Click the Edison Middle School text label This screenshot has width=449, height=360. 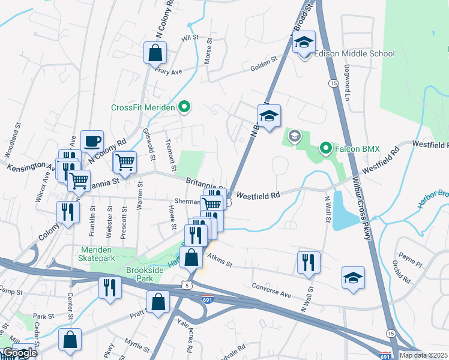[354, 53]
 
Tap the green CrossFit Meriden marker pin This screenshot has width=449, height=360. [185, 108]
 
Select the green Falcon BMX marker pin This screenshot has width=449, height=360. [325, 147]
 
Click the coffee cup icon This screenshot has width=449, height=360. [92, 142]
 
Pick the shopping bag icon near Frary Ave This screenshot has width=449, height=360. [155, 53]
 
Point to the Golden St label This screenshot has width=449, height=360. [264, 61]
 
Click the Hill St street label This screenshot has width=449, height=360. [190, 37]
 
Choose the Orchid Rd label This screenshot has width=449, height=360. [402, 271]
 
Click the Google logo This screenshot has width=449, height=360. [19, 353]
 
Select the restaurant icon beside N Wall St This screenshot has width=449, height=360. [309, 262]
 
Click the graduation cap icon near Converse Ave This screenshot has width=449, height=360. [353, 278]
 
